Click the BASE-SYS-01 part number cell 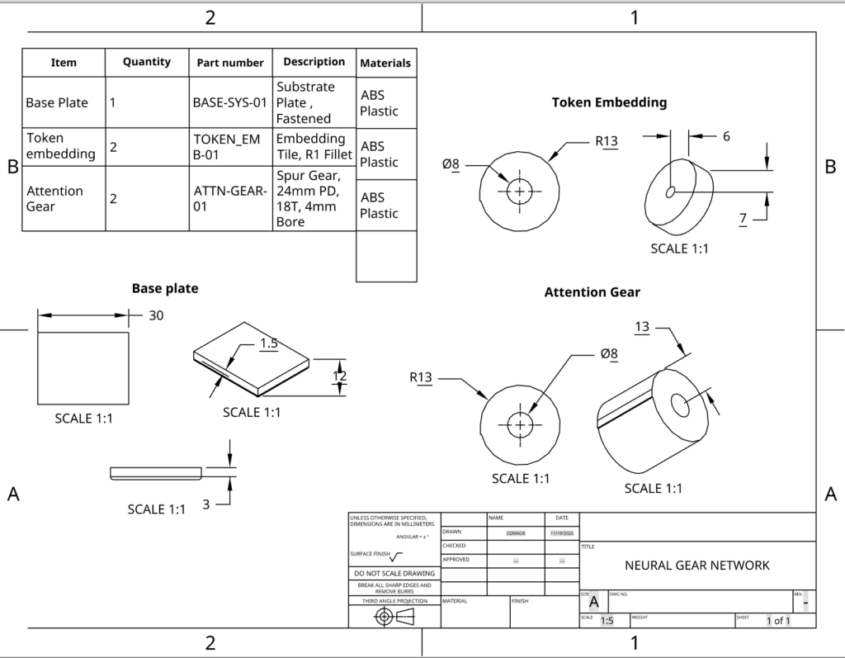[230, 102]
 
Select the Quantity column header [147, 62]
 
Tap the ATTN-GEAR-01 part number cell [230, 198]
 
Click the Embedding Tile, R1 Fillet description [314, 146]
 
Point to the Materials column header [385, 63]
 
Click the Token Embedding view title [609, 102]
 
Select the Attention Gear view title [592, 292]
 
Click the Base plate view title [165, 288]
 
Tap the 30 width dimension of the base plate [156, 315]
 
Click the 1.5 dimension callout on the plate [268, 343]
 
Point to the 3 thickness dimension [206, 504]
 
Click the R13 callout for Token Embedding [607, 141]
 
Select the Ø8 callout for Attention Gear [609, 353]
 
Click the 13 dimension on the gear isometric [642, 327]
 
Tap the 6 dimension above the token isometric [726, 136]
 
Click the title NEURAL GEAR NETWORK [697, 566]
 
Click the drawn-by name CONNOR [516, 533]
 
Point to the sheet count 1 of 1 [777, 621]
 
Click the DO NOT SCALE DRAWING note [394, 573]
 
